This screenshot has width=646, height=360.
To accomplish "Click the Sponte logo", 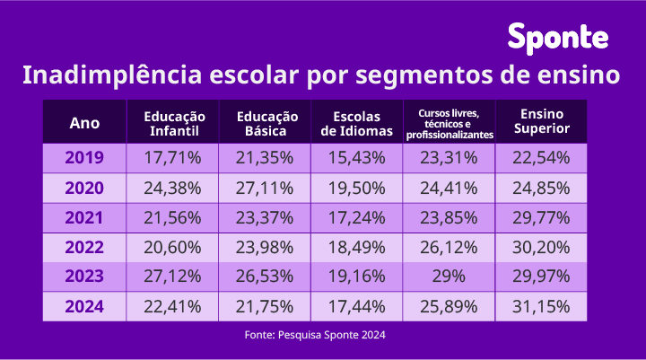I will click(558, 38).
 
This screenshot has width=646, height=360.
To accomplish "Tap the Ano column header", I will click(84, 123).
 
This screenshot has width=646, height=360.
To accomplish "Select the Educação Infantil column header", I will click(174, 123).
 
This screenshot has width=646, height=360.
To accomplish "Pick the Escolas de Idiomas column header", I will click(356, 123).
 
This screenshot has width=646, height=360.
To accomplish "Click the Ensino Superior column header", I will click(541, 123).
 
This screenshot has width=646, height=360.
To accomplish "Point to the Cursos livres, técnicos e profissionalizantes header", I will click(449, 123).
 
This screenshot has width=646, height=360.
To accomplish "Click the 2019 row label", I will click(84, 158).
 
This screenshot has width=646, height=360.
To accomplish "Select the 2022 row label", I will click(84, 247).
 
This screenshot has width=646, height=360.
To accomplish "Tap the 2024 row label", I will click(84, 306).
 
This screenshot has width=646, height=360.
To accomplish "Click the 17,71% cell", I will click(174, 158).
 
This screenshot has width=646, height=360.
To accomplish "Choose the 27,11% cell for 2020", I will click(265, 188).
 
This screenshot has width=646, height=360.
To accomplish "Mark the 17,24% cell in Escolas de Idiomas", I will click(356, 217).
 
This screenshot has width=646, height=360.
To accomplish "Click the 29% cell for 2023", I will click(449, 277).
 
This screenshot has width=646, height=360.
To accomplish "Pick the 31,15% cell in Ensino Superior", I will click(541, 306).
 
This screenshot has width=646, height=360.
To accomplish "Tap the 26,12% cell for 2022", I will click(449, 247).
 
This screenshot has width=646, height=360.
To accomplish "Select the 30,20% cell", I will click(541, 247).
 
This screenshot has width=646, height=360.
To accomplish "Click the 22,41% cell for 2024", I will click(174, 306).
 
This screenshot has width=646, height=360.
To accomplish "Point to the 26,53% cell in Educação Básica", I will click(265, 277).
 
